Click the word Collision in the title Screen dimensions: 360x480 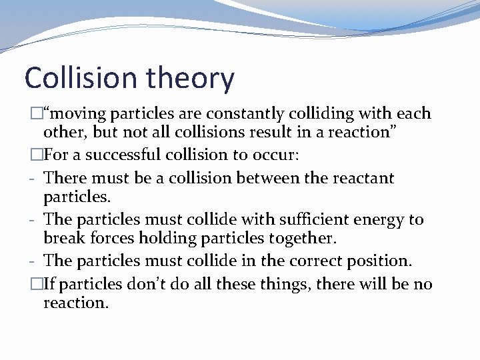click(x=79, y=78)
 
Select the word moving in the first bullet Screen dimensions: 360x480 click(x=78, y=114)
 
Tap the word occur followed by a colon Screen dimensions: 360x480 click(x=276, y=155)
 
